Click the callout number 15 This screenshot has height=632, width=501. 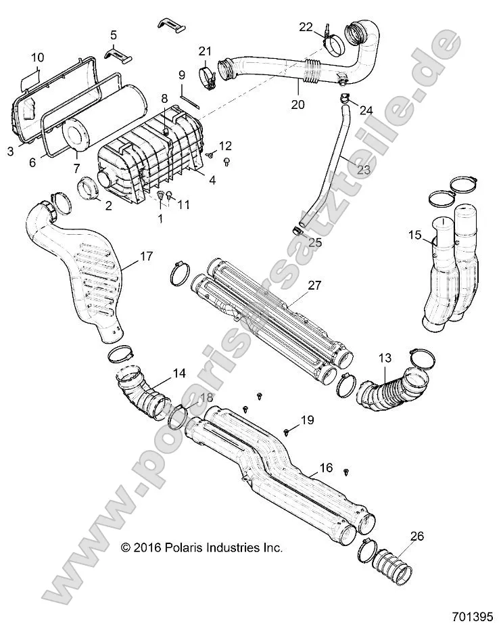414,236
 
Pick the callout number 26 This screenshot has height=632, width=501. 417,537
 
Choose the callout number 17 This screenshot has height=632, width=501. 146,256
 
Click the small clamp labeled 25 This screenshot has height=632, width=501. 297,231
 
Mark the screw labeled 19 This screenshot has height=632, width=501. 287,430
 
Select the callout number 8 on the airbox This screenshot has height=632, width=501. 164,99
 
